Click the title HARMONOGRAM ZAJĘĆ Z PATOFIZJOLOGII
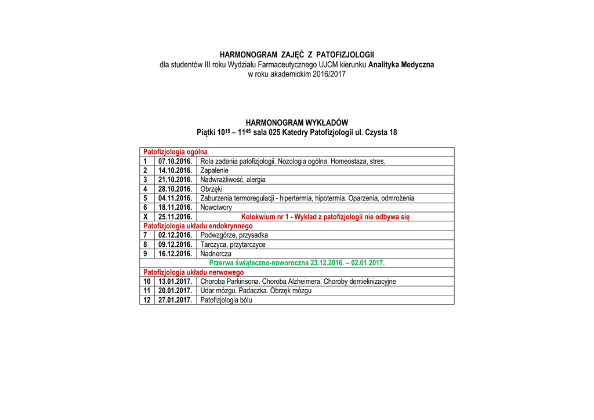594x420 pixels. pyautogui.click(x=296, y=54)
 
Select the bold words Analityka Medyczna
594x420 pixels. pyautogui.click(x=401, y=64)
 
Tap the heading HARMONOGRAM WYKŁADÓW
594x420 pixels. pyautogui.click(x=296, y=123)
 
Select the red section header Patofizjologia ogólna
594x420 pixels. pyautogui.click(x=175, y=152)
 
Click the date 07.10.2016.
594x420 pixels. pyautogui.click(x=175, y=161)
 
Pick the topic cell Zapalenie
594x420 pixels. pyautogui.click(x=215, y=170)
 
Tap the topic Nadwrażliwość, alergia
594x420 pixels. pyautogui.click(x=233, y=180)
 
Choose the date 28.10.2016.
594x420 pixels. pyautogui.click(x=175, y=189)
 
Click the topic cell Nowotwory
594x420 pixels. pyautogui.click(x=216, y=207)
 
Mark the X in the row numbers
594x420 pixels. pyautogui.click(x=146, y=217)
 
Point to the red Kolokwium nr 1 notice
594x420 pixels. pyautogui.click(x=325, y=217)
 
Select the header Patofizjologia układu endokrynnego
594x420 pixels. pyautogui.click(x=198, y=226)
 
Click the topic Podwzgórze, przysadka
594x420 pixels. pyautogui.click(x=234, y=235)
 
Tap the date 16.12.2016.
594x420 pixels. pyautogui.click(x=175, y=254)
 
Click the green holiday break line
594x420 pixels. pyautogui.click(x=296, y=263)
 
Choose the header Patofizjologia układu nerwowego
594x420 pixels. pyautogui.click(x=193, y=272)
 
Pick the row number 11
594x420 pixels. pyautogui.click(x=147, y=291)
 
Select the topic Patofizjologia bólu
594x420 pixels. pyautogui.click(x=226, y=300)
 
